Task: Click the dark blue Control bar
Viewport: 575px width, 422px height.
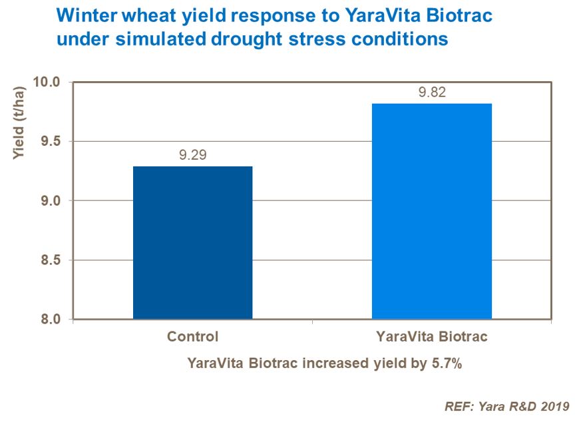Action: pyautogui.click(x=192, y=242)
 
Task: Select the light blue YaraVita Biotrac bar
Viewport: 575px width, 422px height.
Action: pyautogui.click(x=431, y=211)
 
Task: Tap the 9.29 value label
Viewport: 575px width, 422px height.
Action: pyautogui.click(x=192, y=156)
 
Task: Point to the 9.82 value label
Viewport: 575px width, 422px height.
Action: pyautogui.click(x=432, y=93)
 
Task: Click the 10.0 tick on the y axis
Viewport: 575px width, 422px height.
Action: pyautogui.click(x=47, y=82)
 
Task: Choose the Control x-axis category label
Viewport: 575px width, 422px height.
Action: pyautogui.click(x=192, y=337)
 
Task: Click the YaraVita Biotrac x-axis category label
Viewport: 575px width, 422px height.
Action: pyautogui.click(x=431, y=337)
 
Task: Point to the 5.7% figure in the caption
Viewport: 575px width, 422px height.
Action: pyautogui.click(x=445, y=364)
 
